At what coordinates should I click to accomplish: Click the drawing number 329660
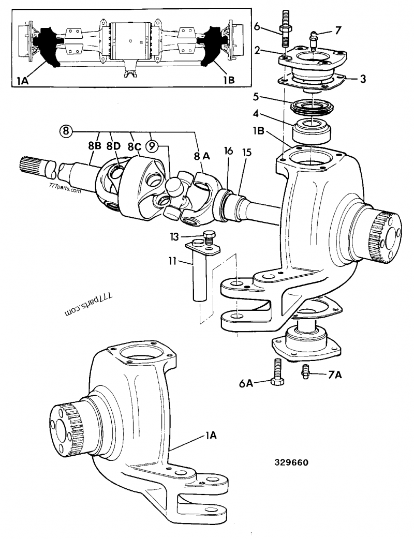291,462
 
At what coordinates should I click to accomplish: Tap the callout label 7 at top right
337,30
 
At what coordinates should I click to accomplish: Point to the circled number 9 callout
152,146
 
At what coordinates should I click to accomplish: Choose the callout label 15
247,154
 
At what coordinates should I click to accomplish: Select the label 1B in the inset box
229,80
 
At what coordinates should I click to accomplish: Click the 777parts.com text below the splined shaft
65,190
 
